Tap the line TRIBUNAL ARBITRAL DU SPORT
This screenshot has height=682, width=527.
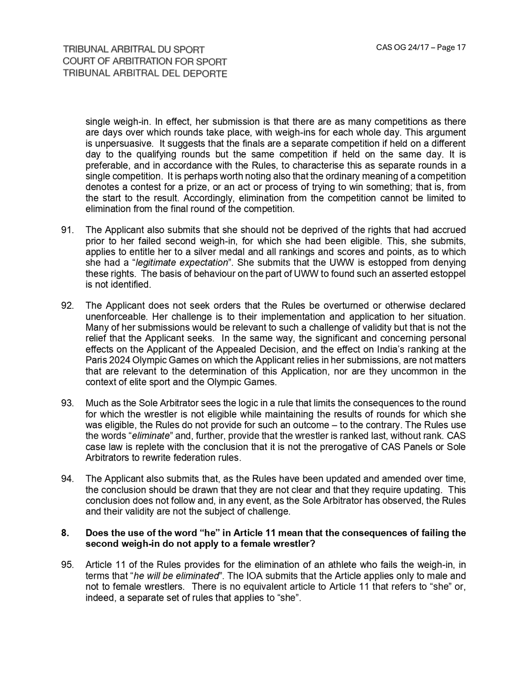pos(134,50)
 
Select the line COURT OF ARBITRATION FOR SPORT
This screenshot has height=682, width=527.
pos(145,61)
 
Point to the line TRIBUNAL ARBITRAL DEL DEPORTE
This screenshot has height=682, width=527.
pos(145,73)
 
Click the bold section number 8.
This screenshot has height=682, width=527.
pos(65,533)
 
